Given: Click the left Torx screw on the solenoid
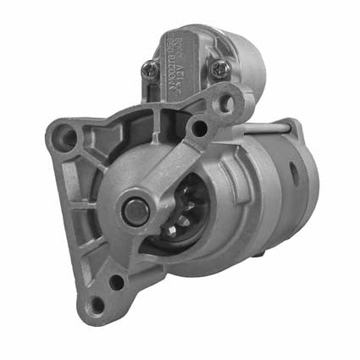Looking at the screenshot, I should pyautogui.click(x=150, y=71).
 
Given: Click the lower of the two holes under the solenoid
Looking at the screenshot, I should pyautogui.click(x=199, y=129).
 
